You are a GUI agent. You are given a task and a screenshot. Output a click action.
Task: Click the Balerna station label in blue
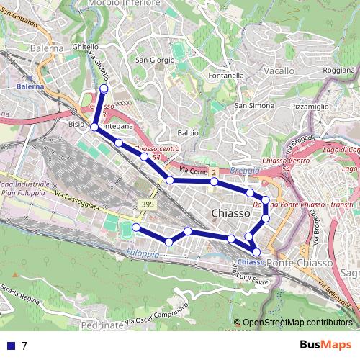tap(30, 86)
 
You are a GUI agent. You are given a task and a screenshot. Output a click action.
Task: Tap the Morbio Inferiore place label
tap(123, 4)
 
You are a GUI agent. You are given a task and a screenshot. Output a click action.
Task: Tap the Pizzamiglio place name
tap(307, 106)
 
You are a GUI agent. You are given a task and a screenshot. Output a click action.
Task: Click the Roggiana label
tap(339, 71)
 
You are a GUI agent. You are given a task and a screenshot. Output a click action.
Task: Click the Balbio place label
tap(187, 132)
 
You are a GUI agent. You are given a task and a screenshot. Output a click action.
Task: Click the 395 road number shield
tap(147, 205)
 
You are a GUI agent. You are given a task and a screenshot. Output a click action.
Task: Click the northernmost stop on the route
tap(104, 89)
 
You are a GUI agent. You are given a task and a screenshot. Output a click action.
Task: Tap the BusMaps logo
tap(325, 346)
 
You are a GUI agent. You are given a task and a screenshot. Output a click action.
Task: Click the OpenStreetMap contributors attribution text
tap(298, 323)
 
